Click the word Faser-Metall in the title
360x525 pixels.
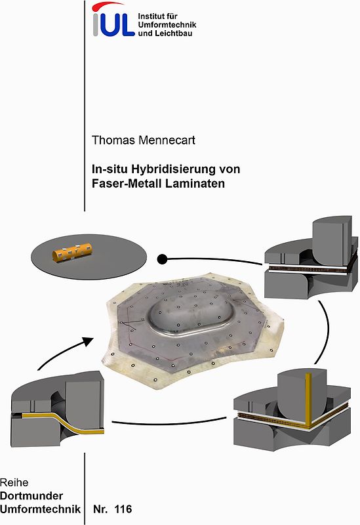(x=124, y=184)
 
